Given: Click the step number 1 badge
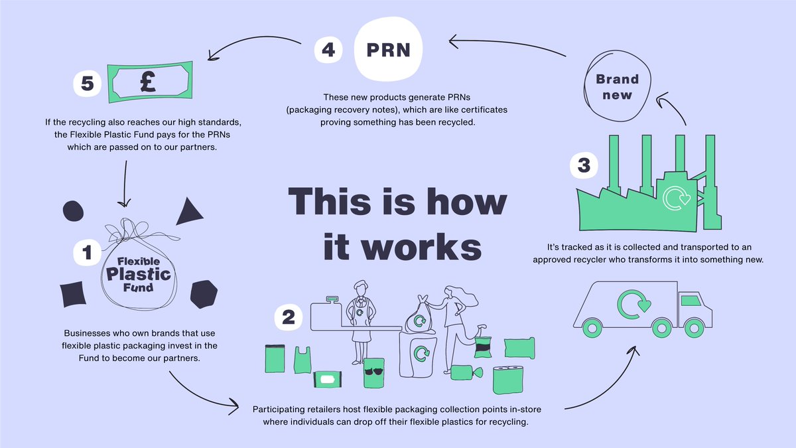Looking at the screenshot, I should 86,252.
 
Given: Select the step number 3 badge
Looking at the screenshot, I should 584,165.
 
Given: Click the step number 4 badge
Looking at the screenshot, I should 328,50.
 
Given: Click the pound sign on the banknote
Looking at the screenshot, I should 148,81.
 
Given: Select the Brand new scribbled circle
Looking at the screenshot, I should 617,87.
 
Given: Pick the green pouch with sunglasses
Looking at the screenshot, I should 373,372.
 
